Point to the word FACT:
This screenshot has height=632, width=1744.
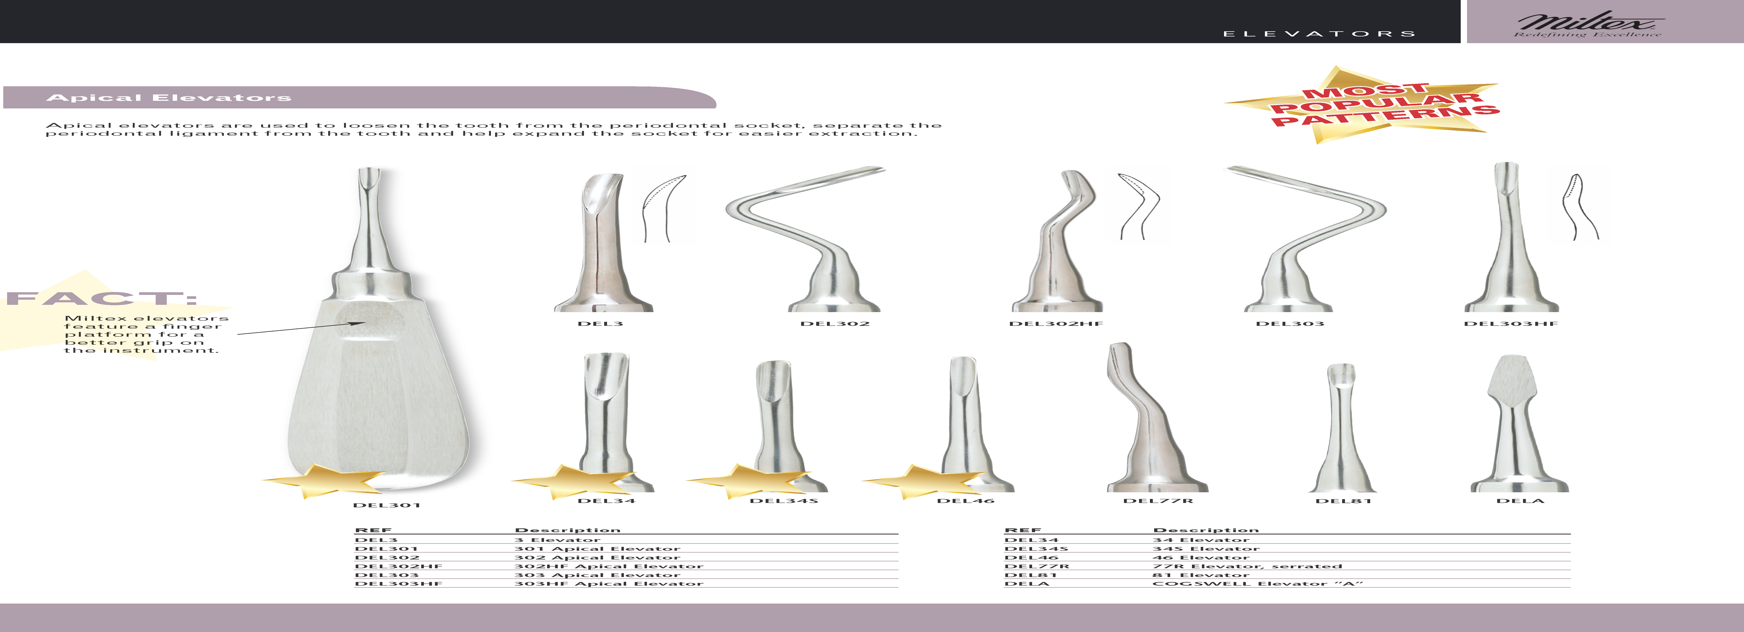102,298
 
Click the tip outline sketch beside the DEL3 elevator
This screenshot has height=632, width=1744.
663,206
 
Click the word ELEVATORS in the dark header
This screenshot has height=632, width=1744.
1319,34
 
